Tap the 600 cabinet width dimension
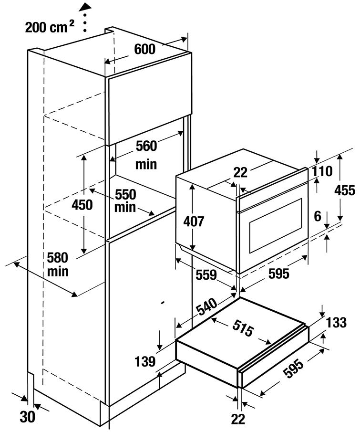point(145,49)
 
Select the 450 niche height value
point(82,205)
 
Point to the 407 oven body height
point(194,221)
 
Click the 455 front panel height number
point(345,190)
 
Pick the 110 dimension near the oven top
point(322,171)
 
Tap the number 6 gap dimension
point(318,217)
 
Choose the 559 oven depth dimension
point(206,274)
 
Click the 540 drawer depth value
point(207,306)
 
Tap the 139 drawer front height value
point(145,361)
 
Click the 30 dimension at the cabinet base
point(28,417)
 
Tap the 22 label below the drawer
point(238,419)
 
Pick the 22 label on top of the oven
point(240,173)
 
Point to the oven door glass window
point(276,226)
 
